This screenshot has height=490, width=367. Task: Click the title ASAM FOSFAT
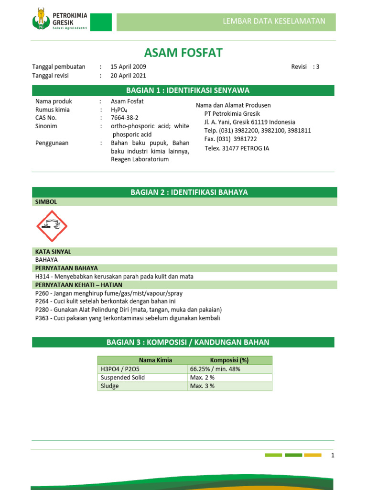[x=183, y=53]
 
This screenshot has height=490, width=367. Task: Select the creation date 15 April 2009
[x=129, y=67]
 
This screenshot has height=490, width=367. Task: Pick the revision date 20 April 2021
[x=129, y=76]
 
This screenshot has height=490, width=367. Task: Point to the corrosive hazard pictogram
[x=52, y=226]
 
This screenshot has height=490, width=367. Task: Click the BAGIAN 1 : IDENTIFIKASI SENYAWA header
[x=183, y=90]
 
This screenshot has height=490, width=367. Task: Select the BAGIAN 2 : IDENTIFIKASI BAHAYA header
[x=183, y=192]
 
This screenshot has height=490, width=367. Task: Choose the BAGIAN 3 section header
[x=183, y=342]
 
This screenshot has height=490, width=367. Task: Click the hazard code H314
[x=43, y=277]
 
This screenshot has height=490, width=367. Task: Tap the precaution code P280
[x=43, y=310]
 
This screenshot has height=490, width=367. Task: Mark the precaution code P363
[x=43, y=318]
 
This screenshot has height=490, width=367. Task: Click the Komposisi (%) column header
[x=229, y=360]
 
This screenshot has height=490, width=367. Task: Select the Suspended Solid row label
[x=123, y=378]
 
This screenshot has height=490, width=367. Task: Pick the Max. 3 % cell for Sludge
[x=202, y=386]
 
